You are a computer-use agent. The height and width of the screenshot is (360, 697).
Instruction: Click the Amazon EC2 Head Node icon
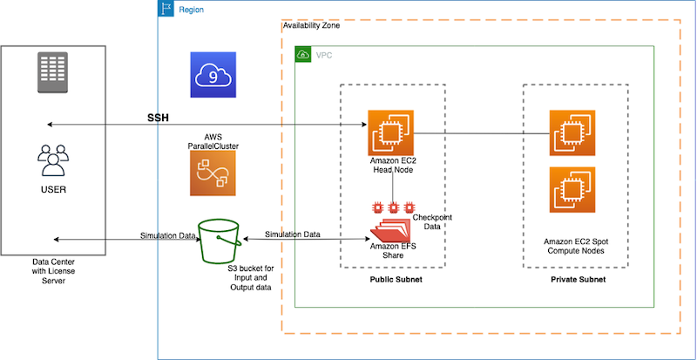389,132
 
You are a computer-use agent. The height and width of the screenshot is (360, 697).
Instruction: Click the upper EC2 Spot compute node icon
571,132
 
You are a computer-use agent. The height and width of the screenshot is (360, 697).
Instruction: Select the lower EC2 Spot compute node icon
571,190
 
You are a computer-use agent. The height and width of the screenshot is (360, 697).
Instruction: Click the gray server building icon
54,71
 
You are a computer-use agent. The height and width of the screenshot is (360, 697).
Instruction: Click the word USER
54,189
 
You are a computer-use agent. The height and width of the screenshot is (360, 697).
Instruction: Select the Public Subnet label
391,282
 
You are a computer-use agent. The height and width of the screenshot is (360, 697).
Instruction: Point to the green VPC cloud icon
304,55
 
